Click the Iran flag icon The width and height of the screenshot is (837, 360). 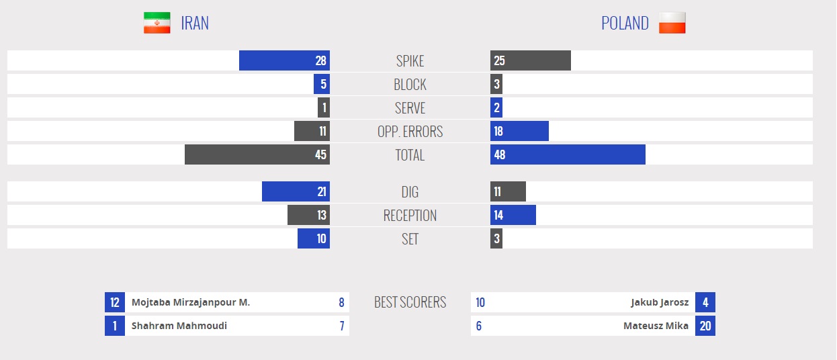[157, 23]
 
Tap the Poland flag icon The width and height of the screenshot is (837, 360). [672, 23]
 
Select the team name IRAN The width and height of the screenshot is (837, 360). [195, 23]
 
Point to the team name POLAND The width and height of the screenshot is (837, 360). [625, 23]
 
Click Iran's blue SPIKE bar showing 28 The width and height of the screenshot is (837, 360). [284, 60]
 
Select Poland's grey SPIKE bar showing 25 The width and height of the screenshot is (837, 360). [530, 60]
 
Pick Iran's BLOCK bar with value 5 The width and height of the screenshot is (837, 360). [321, 84]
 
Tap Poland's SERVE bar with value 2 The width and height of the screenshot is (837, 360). [496, 107]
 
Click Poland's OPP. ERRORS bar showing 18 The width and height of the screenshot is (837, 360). [519, 131]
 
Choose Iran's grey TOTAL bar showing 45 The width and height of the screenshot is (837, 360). [257, 154]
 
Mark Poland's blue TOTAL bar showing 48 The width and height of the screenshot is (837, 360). [568, 154]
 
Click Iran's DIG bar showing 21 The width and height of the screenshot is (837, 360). [296, 191]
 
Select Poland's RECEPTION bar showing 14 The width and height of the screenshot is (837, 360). [513, 215]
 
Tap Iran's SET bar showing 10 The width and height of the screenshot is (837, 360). [313, 238]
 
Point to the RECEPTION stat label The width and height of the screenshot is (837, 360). [410, 215]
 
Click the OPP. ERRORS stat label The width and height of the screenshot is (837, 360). [410, 131]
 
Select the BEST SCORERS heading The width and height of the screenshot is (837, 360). [410, 302]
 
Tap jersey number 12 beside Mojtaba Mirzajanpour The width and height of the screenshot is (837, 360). [115, 302]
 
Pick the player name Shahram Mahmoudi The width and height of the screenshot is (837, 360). [179, 326]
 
